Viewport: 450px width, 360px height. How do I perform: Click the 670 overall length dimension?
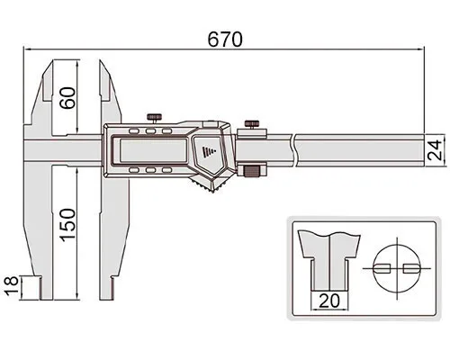pos(225,40)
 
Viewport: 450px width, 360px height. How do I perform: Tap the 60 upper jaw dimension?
pos(67,98)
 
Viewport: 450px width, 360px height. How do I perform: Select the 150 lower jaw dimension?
pos(67,225)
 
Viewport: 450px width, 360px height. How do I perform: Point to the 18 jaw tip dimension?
pos(12,286)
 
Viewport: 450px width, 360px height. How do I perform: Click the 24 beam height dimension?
pos(435,149)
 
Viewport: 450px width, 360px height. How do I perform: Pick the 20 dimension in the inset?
pos(329,301)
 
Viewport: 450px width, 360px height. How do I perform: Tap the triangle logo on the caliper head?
pos(207,151)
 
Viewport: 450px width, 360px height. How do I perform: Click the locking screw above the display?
pos(155,118)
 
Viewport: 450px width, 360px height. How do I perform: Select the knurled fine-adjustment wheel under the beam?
pos(251,172)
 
